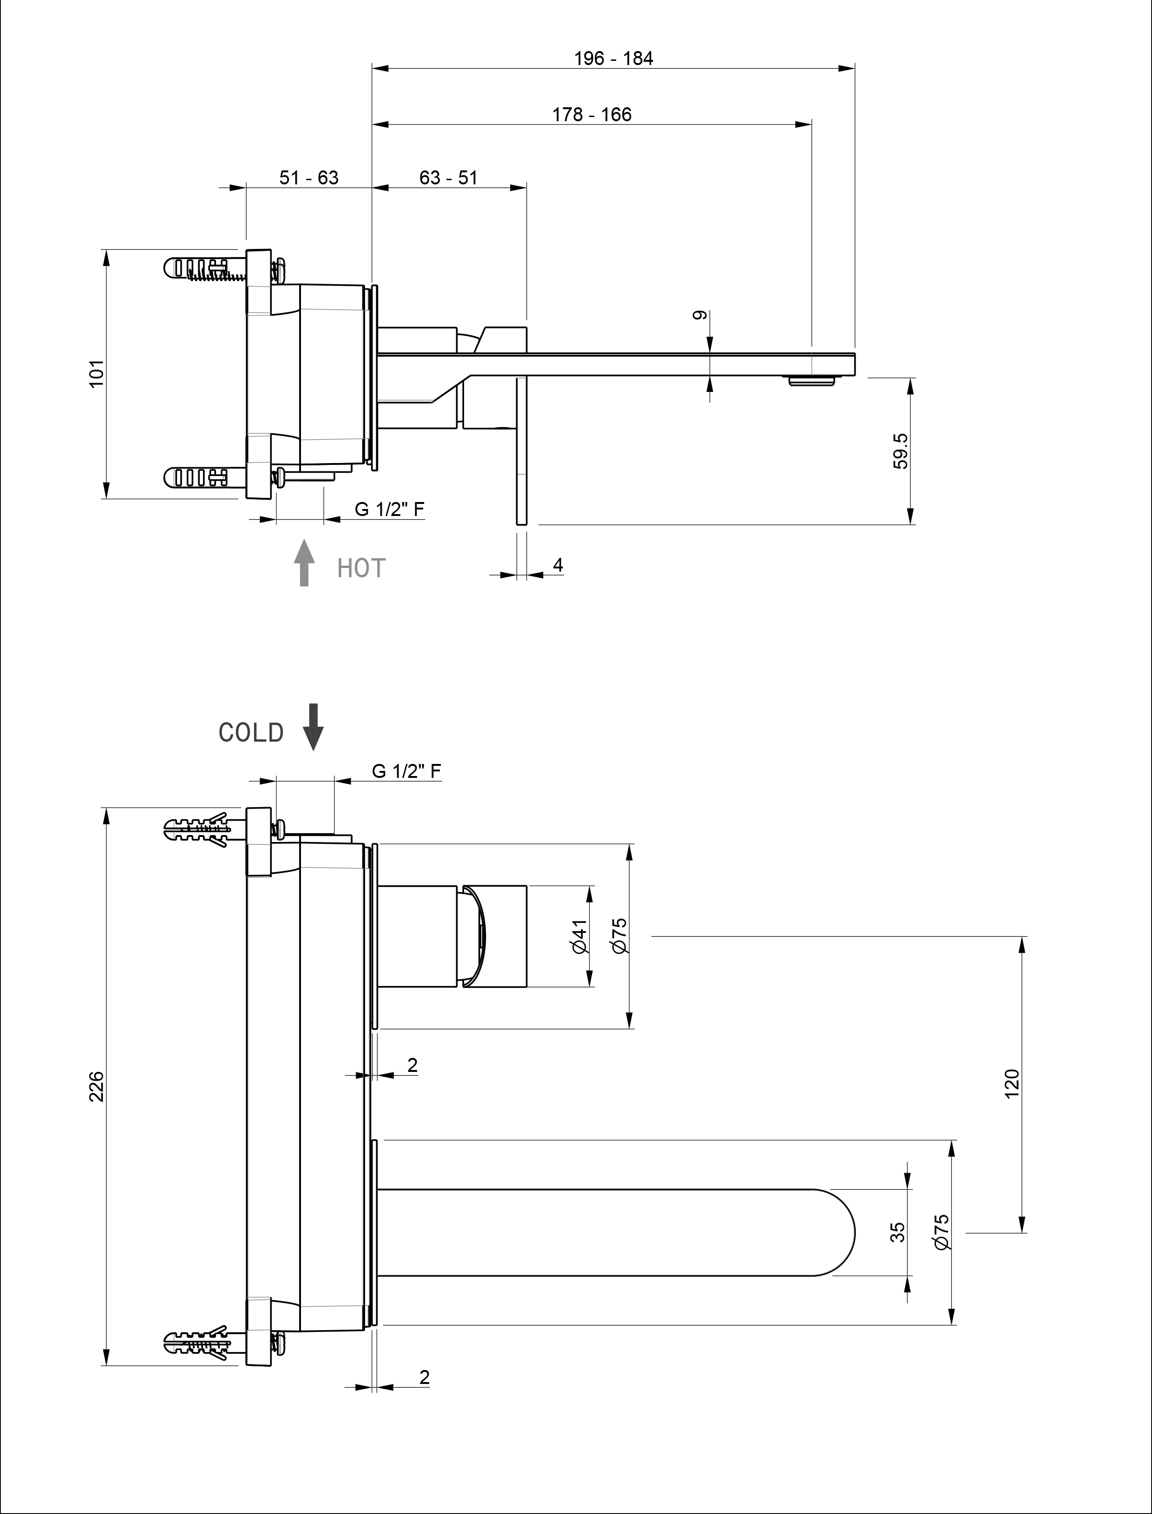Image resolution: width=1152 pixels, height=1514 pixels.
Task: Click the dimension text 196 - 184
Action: pos(613,59)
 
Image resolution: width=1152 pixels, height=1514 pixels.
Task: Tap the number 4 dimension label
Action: pos(558,566)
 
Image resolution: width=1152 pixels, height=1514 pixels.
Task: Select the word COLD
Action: pos(251,733)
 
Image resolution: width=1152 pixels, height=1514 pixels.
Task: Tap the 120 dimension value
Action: pos(1012,1083)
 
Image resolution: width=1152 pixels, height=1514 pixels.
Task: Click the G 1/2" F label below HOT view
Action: pos(389,509)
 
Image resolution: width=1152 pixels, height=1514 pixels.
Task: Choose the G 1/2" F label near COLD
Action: pos(406,771)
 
